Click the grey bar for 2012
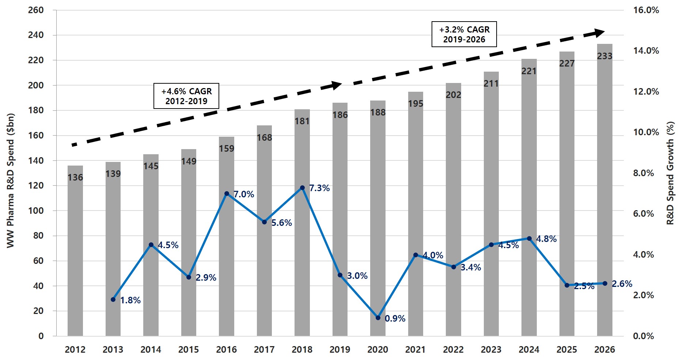coord(75,256)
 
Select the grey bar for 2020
coord(378,219)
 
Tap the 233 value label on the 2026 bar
coord(605,56)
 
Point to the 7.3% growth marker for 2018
coord(302,188)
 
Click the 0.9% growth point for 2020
coord(378,318)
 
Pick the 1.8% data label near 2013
coord(130,300)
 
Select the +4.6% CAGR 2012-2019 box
coord(186,96)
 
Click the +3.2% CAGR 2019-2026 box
coord(464,34)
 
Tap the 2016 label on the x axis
coord(227,350)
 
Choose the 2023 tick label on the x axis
coord(491,350)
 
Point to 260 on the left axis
coord(36,10)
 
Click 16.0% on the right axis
coord(646,10)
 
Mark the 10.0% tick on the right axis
coord(646,132)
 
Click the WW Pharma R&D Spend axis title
coord(11,181)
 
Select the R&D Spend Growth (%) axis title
coord(670,173)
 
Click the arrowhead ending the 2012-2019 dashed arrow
coord(337,85)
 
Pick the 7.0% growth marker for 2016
coord(227,194)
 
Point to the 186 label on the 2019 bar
coord(340,115)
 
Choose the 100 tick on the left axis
coord(36,211)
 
